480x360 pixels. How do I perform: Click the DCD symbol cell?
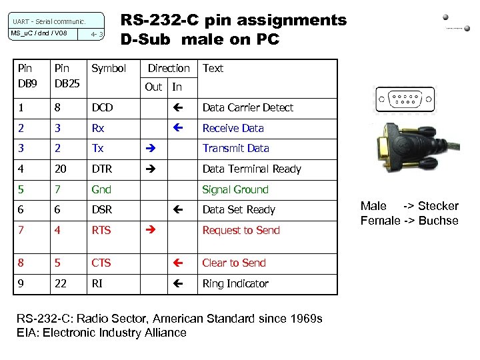[102, 107]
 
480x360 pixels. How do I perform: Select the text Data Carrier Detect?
[247, 107]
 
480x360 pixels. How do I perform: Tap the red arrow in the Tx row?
[149, 149]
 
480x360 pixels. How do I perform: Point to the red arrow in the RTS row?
[149, 231]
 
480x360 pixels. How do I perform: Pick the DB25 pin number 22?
[60, 284]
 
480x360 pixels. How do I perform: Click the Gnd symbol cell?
[101, 190]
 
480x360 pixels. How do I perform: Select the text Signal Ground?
[235, 190]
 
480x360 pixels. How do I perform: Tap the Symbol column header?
[109, 69]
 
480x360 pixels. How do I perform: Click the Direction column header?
[169, 69]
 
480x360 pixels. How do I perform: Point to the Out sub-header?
[153, 87]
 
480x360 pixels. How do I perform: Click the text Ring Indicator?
[235, 284]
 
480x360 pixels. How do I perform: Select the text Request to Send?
[241, 231]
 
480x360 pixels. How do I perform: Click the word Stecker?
[438, 206]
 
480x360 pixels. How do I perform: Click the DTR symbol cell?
[103, 169]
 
